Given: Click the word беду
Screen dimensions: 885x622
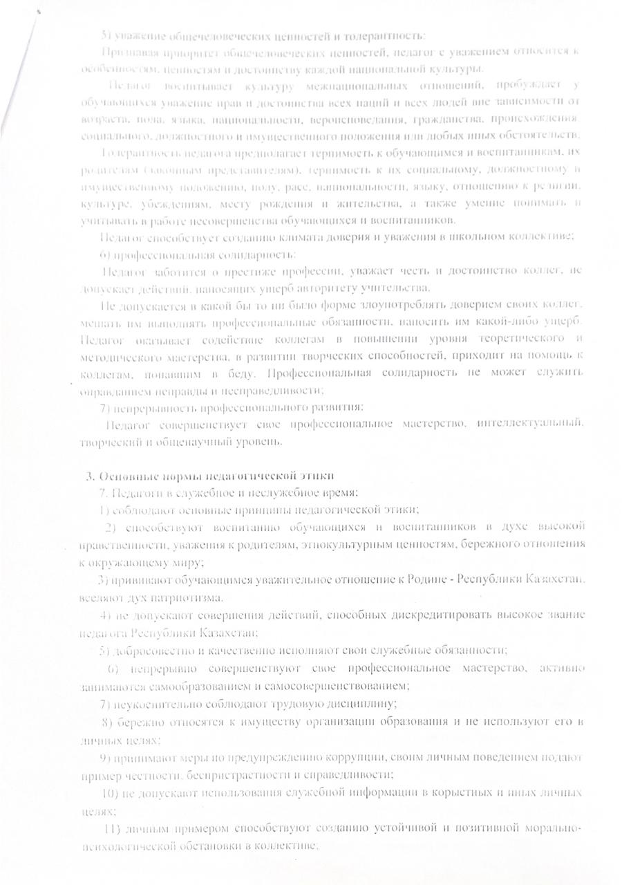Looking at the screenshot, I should tap(248, 373).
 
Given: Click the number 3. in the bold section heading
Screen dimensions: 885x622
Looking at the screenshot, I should tap(90, 476).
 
